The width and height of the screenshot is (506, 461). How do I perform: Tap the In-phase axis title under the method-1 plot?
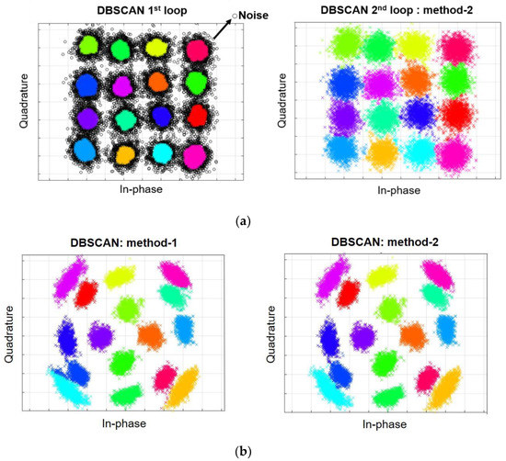[x=125, y=424]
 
